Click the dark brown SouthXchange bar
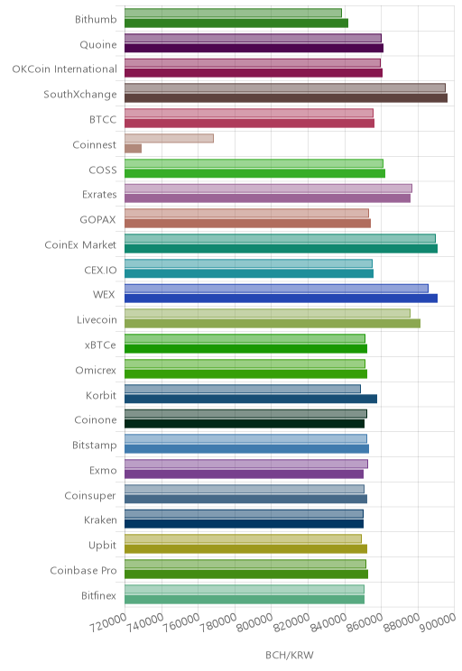tap(286, 98)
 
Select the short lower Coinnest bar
tap(134, 149)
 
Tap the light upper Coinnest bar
tap(169, 138)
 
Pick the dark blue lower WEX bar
tap(281, 299)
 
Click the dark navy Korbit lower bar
tap(251, 399)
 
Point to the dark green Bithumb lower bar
tap(236, 23)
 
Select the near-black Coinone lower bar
tap(245, 424)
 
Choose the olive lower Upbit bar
tap(245, 549)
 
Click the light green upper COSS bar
tap(254, 163)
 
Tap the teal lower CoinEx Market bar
tap(281, 249)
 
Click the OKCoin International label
tap(64, 69)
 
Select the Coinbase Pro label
tap(83, 570)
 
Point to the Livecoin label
tap(97, 319)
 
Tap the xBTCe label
tap(100, 345)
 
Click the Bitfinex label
tap(98, 595)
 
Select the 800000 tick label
tap(254, 622)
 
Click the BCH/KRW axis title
tap(290, 655)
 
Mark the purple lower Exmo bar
tap(244, 474)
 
